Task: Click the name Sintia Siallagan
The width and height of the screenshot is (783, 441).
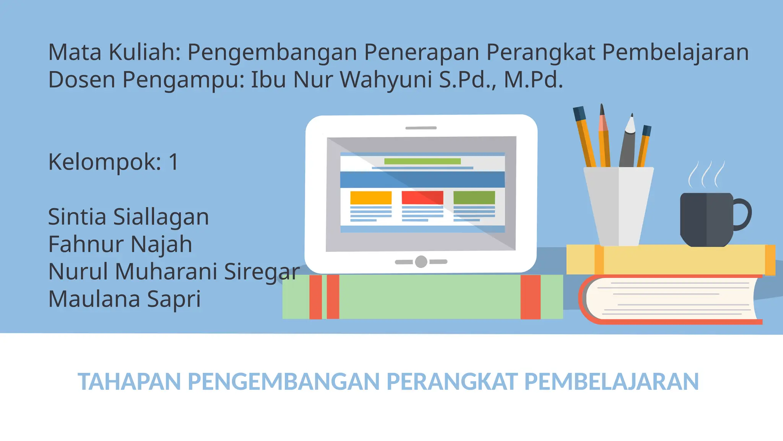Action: (x=128, y=217)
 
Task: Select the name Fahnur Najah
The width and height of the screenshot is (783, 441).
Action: (x=120, y=245)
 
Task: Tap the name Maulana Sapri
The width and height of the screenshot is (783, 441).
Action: (x=124, y=299)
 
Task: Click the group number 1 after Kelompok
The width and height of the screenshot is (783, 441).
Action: (x=174, y=162)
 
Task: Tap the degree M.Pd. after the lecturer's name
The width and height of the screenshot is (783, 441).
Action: (x=533, y=80)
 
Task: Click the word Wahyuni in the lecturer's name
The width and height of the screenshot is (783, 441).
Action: (x=386, y=80)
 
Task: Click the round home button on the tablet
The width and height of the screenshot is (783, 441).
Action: (x=421, y=262)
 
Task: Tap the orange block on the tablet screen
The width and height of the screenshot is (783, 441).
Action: (x=371, y=198)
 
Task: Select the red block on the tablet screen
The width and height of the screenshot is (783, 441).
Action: (x=422, y=198)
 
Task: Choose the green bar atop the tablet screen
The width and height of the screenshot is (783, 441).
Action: (x=422, y=161)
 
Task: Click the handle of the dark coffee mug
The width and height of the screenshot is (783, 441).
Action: (x=744, y=214)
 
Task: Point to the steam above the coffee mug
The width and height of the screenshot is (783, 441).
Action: (x=706, y=174)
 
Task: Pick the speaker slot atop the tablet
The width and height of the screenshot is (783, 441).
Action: (x=421, y=128)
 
